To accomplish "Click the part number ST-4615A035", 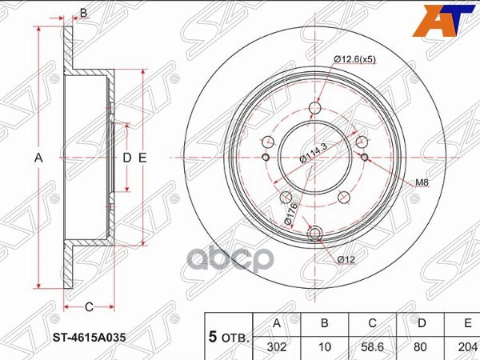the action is pos(90,338).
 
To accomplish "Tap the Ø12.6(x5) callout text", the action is pos(354,59).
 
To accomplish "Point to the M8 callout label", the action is pos(422,182).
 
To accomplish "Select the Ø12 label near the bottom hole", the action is pos(346,260).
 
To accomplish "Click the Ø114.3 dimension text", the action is pos(314,153).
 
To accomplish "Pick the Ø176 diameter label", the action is pos(291,214).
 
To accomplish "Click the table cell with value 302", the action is pos(277,347).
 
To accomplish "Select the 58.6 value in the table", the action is pos(372,347).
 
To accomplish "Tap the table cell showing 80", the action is pos(420,347).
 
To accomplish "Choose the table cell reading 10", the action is pos(325,347).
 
